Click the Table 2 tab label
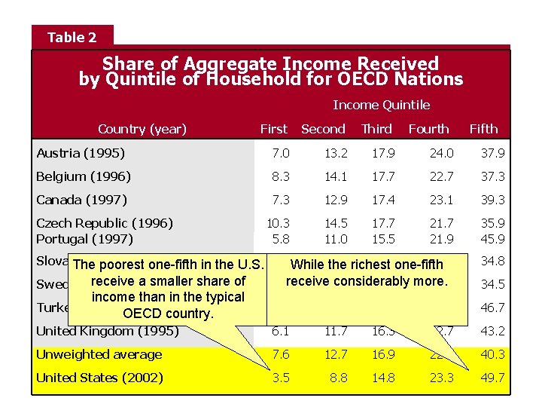(x=72, y=37)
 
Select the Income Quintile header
(x=381, y=105)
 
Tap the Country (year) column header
(x=142, y=129)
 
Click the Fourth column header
(x=428, y=129)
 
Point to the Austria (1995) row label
(x=81, y=154)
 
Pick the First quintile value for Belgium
(x=280, y=177)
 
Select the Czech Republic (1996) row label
(x=105, y=223)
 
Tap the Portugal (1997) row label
(x=84, y=239)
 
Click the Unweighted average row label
(x=99, y=355)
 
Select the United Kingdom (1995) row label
(x=108, y=332)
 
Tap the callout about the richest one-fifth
(x=367, y=273)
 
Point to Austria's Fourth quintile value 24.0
(x=441, y=154)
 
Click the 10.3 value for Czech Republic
(x=279, y=223)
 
